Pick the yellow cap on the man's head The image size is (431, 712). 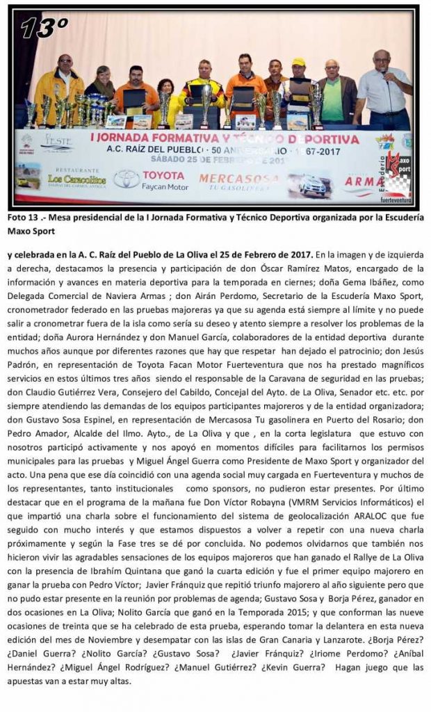coord(299,62)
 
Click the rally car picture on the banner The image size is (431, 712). coord(309,185)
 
